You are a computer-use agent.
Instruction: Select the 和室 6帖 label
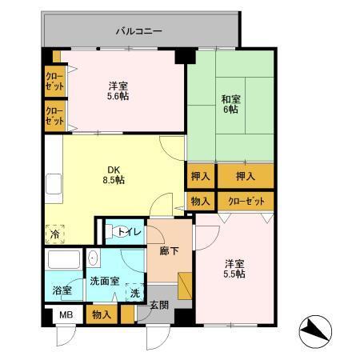click(229, 104)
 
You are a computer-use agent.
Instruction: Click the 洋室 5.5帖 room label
click(234, 268)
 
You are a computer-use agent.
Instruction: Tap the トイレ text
click(130, 232)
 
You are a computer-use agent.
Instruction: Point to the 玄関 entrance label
click(159, 305)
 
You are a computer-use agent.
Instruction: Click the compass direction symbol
click(314, 330)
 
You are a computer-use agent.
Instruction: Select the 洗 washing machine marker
click(134, 294)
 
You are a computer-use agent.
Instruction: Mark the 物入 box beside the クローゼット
click(200, 202)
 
